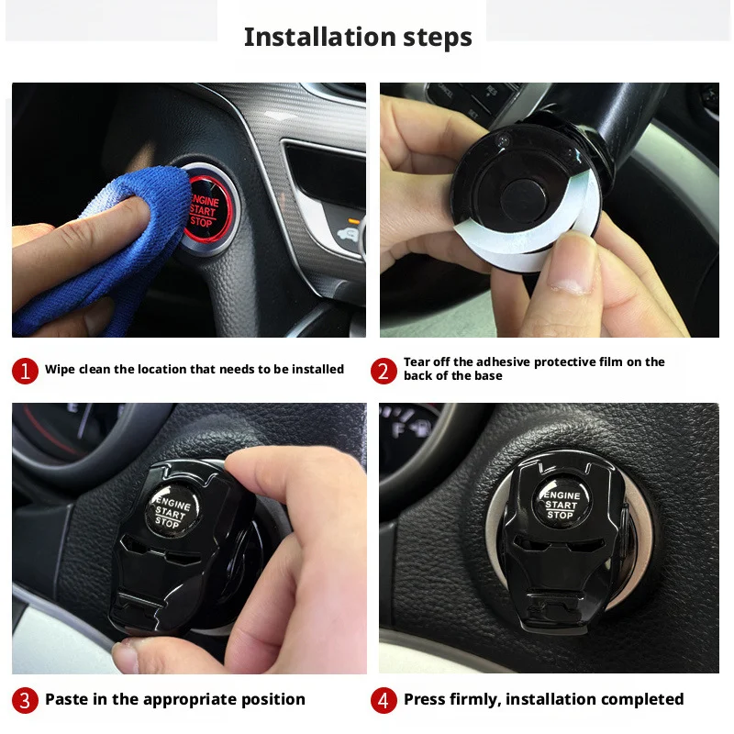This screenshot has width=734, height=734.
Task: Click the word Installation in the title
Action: point(306,38)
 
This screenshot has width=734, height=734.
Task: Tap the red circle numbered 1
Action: point(25,371)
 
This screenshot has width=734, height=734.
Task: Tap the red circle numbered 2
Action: point(384,371)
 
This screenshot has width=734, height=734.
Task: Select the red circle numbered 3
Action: point(25,700)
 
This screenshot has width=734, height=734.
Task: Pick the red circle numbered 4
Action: point(384,700)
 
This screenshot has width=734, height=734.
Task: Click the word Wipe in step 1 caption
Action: point(61,370)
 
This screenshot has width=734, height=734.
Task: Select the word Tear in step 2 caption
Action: point(418,362)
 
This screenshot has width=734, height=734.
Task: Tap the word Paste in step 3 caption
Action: point(67,699)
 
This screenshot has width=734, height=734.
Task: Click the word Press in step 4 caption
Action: point(425,699)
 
